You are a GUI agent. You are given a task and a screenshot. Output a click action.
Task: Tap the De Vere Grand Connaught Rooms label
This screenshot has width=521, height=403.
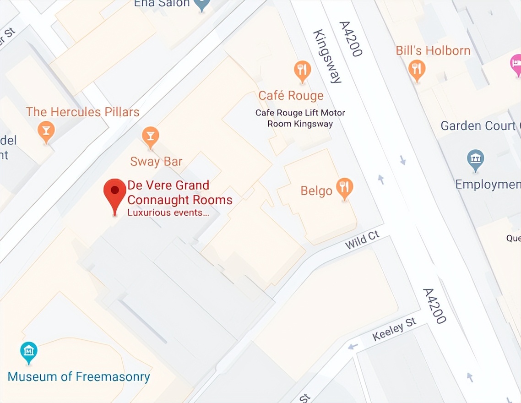coord(179,193)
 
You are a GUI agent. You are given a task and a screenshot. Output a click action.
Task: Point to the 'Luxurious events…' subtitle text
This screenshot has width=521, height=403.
coord(168,213)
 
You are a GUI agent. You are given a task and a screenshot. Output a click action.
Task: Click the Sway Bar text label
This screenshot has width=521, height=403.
coord(156,162)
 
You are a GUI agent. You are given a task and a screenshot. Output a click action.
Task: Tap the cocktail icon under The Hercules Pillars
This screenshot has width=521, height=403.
coord(46,131)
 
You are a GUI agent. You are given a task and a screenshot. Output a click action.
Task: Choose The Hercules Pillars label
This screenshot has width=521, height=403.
coord(82,112)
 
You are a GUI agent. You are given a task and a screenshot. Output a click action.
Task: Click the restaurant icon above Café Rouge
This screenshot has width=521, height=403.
coord(302,71)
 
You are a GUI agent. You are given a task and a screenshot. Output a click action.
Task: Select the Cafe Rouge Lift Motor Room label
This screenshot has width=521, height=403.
coord(300,118)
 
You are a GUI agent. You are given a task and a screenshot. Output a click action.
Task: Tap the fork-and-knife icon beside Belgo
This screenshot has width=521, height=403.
coord(344,188)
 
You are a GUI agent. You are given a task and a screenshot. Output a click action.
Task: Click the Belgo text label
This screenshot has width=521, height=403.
coord(316,191)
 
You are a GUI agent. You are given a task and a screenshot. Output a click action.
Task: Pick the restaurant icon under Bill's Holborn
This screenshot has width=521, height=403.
coord(416,70)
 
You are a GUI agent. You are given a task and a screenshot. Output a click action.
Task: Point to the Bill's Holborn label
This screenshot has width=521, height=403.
coord(433,50)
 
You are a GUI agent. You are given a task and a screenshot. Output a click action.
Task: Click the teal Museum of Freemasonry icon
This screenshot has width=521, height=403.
coord(29,352)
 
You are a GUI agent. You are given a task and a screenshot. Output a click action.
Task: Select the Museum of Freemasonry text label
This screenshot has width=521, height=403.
coord(79,377)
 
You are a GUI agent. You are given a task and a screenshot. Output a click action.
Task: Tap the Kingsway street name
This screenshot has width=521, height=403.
coord(327,57)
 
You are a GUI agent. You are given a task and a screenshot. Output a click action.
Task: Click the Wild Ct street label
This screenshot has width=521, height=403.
coord(362,240)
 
